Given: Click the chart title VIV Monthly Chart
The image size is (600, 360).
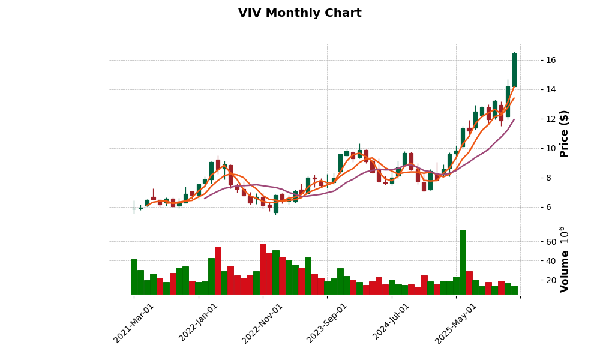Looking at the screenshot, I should (299, 13).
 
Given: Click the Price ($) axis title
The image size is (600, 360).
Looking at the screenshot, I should (565, 133).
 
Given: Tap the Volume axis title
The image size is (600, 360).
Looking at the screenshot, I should (565, 259).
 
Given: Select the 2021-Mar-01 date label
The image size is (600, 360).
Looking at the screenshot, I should (133, 323).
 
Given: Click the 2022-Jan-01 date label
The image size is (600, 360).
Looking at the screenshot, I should (198, 323).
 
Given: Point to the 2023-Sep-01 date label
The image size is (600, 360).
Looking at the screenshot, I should (326, 323).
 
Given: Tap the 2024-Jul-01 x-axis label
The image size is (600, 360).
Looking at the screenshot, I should (391, 323).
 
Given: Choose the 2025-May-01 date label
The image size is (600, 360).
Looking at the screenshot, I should (455, 323).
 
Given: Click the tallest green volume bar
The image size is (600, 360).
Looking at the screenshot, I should (463, 262).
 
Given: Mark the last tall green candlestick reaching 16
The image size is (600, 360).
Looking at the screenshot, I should (514, 70).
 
